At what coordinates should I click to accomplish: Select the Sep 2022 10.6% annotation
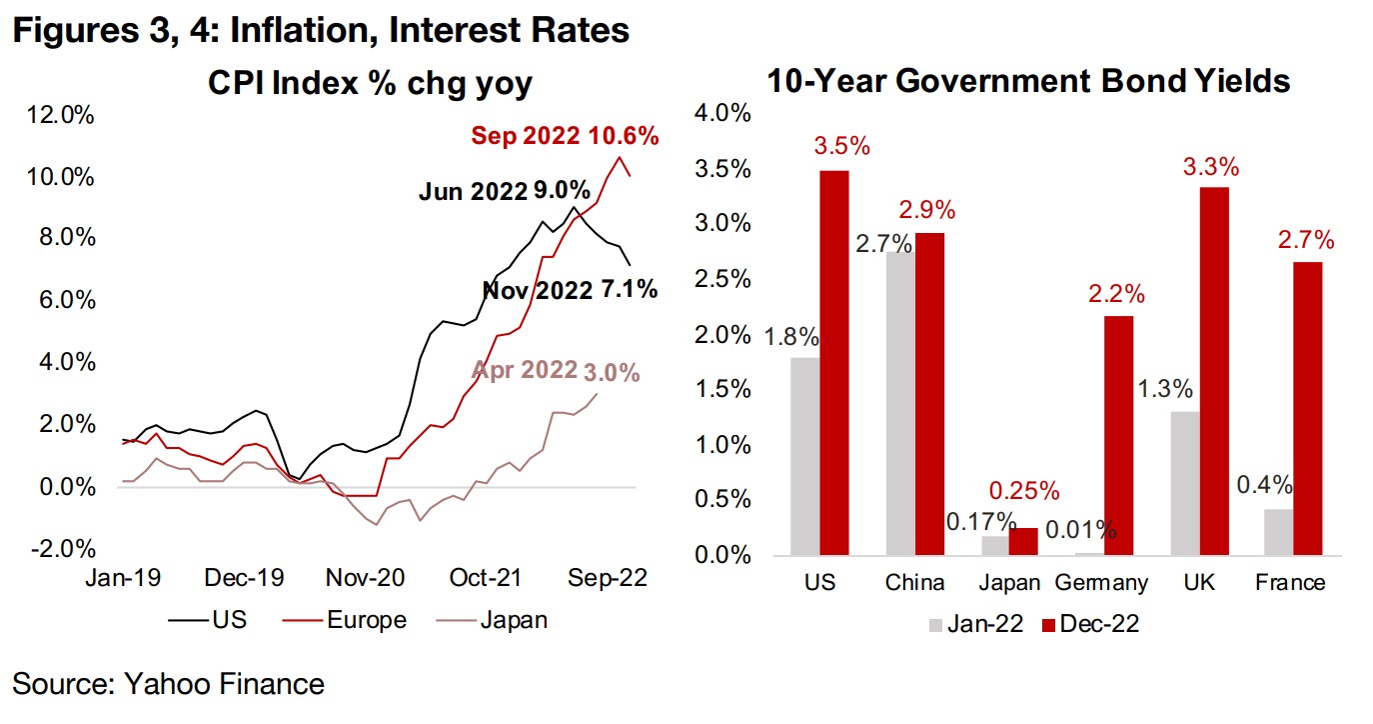click(565, 136)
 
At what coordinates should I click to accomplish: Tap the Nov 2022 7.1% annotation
click(571, 290)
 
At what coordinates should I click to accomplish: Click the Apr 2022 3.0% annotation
click(556, 373)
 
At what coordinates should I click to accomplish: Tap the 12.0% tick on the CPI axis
click(62, 116)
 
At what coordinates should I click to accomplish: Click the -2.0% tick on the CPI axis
click(62, 549)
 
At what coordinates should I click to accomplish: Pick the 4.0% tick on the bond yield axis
click(720, 112)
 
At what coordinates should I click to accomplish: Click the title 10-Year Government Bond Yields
click(1028, 81)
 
